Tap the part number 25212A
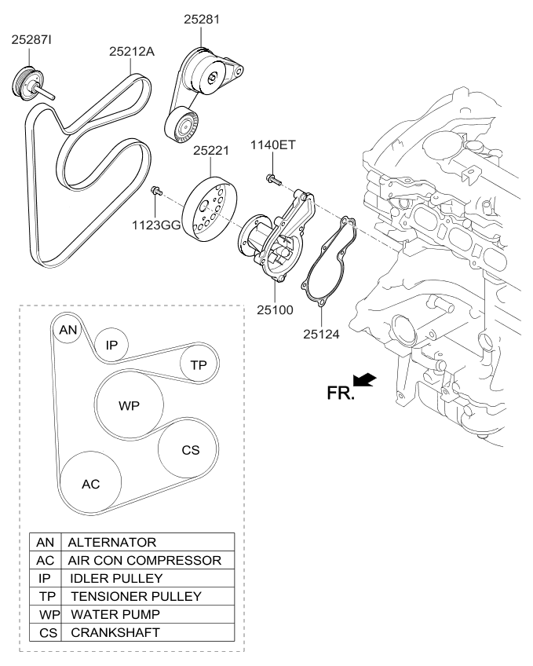point(131,51)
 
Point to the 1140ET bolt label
point(272,145)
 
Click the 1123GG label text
point(156,224)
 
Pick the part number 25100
point(274,309)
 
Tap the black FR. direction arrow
point(365,380)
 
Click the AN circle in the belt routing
point(68,330)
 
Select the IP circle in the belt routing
point(111,344)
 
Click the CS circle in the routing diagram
point(190,450)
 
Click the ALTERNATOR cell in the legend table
point(112,542)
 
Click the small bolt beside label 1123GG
point(155,190)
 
